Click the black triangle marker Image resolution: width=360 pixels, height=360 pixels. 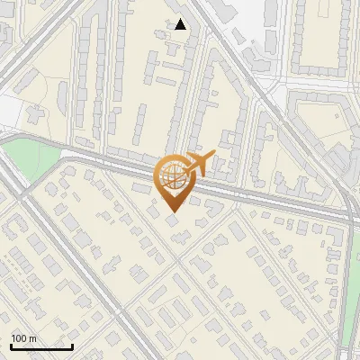tap(181, 24)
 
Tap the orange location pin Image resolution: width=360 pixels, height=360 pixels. tap(175, 180)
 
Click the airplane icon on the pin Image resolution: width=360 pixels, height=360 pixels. tap(197, 165)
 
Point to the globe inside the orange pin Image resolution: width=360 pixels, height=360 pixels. tap(173, 175)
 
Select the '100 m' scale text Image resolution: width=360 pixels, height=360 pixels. tap(24, 338)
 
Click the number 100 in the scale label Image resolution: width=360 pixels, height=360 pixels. tap(20, 338)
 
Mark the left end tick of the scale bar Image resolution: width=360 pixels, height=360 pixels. tap(12, 345)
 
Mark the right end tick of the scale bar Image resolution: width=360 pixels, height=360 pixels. tap(72, 345)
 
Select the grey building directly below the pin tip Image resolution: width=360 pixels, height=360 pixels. tap(172, 220)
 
